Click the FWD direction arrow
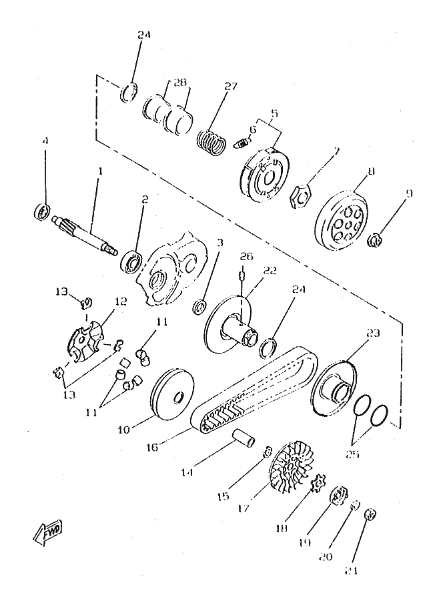[x=46, y=532]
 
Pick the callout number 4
[x=45, y=141]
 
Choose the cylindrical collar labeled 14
[x=244, y=441]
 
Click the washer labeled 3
[x=199, y=308]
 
